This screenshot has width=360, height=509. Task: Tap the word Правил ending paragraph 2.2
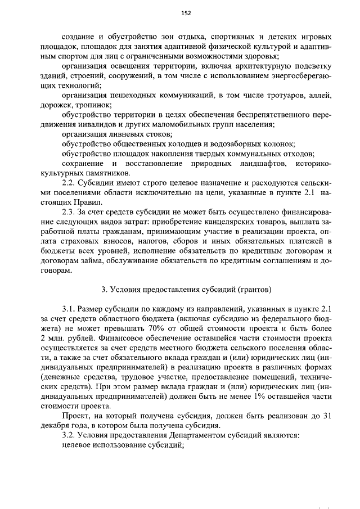[88, 202]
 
